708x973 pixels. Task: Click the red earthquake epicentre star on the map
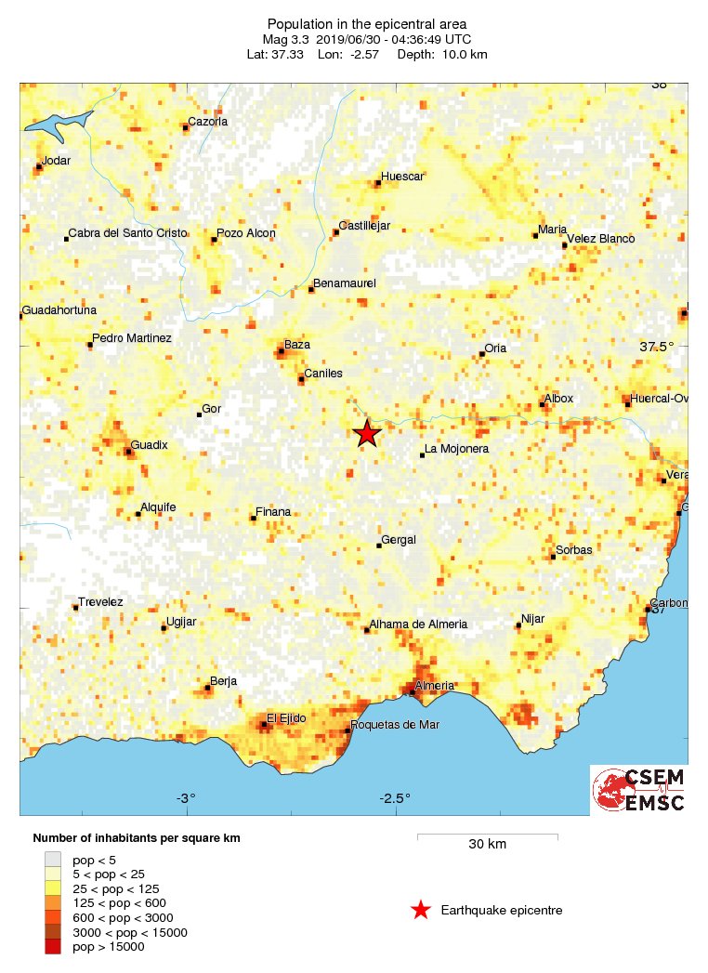pos(367,433)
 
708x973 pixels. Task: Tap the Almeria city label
pos(435,686)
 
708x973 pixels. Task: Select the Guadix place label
pos(149,445)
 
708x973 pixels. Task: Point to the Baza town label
pos(297,345)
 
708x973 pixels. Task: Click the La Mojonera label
pos(456,450)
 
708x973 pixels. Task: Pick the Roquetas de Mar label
pos(396,725)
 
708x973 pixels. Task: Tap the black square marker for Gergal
pos(379,546)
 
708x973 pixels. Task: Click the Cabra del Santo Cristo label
pos(128,233)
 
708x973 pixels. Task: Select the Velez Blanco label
pos(601,239)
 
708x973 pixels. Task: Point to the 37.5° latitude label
pos(656,347)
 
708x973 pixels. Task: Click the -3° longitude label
pos(186,798)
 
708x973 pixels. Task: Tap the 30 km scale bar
pos(487,836)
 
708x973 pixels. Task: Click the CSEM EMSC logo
pos(639,790)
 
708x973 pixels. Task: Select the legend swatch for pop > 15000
pos(54,946)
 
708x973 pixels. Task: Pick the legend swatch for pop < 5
pos(54,860)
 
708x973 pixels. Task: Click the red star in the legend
pos(421,910)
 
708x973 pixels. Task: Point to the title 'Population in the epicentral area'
pos(366,23)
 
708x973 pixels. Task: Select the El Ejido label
pos(286,717)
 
